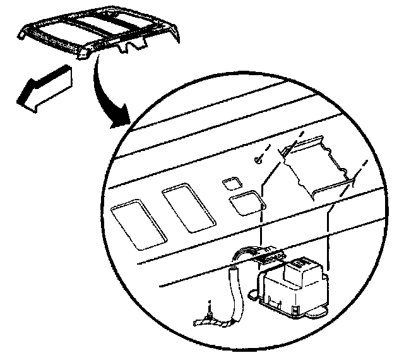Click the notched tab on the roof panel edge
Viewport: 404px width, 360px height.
(133, 46)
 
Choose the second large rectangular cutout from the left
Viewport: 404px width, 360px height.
(187, 208)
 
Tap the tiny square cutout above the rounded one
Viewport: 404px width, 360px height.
(232, 183)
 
